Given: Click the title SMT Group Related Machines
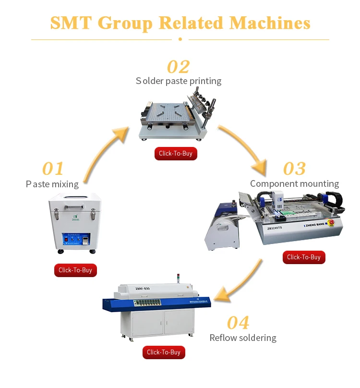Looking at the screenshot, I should coord(180,23).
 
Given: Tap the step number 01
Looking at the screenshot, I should coord(53,169).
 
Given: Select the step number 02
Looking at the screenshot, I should coord(178,67).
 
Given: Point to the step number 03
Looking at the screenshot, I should coord(294,169).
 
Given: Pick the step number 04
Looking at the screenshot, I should coord(238,322).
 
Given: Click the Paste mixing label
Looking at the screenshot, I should coord(52,184).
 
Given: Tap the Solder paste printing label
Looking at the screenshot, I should coord(179,81).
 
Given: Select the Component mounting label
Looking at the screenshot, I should coord(294,184).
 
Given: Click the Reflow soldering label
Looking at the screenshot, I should coord(243,338).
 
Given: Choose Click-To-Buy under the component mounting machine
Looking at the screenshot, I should coord(304,257).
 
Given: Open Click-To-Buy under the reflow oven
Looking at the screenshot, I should coord(164,352).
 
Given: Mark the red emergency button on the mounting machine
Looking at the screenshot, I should coord(331,222).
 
